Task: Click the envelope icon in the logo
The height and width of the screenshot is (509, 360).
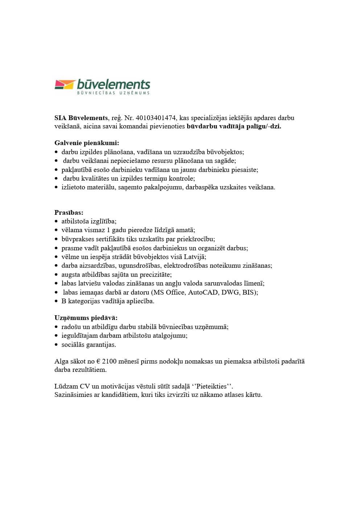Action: pyautogui.click(x=65, y=85)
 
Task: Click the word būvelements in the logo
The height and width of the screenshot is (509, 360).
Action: pyautogui.click(x=114, y=85)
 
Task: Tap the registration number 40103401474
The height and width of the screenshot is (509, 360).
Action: pyautogui.click(x=156, y=118)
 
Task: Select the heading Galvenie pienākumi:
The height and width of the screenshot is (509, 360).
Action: pyautogui.click(x=87, y=143)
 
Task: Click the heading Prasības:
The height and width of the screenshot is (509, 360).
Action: pyautogui.click(x=69, y=213)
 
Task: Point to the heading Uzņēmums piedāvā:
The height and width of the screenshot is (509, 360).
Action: pyautogui.click(x=86, y=318)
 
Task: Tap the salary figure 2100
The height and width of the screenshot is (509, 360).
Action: pyautogui.click(x=109, y=361)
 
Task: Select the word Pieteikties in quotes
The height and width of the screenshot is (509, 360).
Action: pyautogui.click(x=211, y=386)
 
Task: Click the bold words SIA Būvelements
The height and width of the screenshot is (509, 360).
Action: pyautogui.click(x=81, y=118)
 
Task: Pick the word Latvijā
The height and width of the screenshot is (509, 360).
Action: pyautogui.click(x=195, y=257)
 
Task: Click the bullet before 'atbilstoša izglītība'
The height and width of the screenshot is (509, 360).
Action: pyautogui.click(x=56, y=221)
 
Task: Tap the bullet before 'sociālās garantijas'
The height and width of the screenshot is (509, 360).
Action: pyautogui.click(x=56, y=345)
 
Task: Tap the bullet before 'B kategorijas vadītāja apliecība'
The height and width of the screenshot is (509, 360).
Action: pyautogui.click(x=56, y=301)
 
